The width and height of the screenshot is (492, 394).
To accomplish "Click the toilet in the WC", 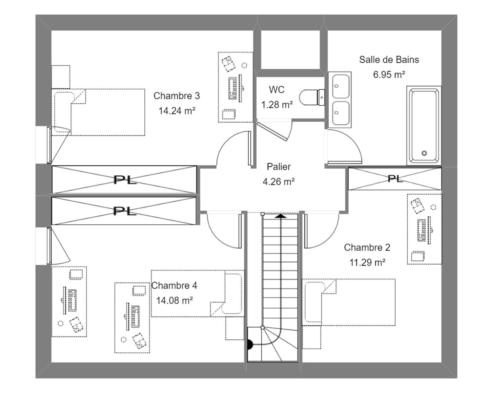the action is coord(312,97).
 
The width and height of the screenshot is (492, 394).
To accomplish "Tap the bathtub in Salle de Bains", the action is coord(424,125).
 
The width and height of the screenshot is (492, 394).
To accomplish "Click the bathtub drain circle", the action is coord(424,153).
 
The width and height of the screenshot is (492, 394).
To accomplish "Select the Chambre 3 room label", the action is coord(176,96).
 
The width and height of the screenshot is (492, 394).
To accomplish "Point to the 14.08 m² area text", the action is coord(174,300).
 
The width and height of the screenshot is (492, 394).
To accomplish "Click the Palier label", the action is coord(279,167).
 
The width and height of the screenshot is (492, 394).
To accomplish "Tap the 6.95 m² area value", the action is coord(389,75).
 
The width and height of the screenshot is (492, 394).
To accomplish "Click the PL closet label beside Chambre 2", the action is coord(395,179).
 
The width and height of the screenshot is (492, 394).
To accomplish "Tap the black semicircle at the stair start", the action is coord(250,344).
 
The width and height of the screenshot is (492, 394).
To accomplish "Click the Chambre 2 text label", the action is coord(367,248).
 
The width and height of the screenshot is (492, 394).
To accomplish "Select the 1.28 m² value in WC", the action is coord(277,105).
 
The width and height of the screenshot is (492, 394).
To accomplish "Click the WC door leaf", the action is coord(272,131).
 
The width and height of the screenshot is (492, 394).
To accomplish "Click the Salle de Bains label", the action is coord(389,60).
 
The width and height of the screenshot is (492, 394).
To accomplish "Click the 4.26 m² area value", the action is coord(278,182).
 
